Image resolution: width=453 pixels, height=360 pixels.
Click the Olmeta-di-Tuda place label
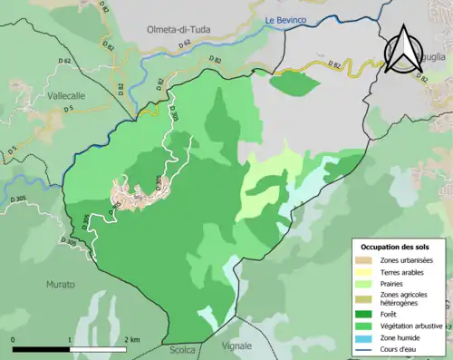pos(178,30)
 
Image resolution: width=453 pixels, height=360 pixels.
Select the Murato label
pos(61,285)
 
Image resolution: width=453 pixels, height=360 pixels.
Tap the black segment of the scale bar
pos(42,348)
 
